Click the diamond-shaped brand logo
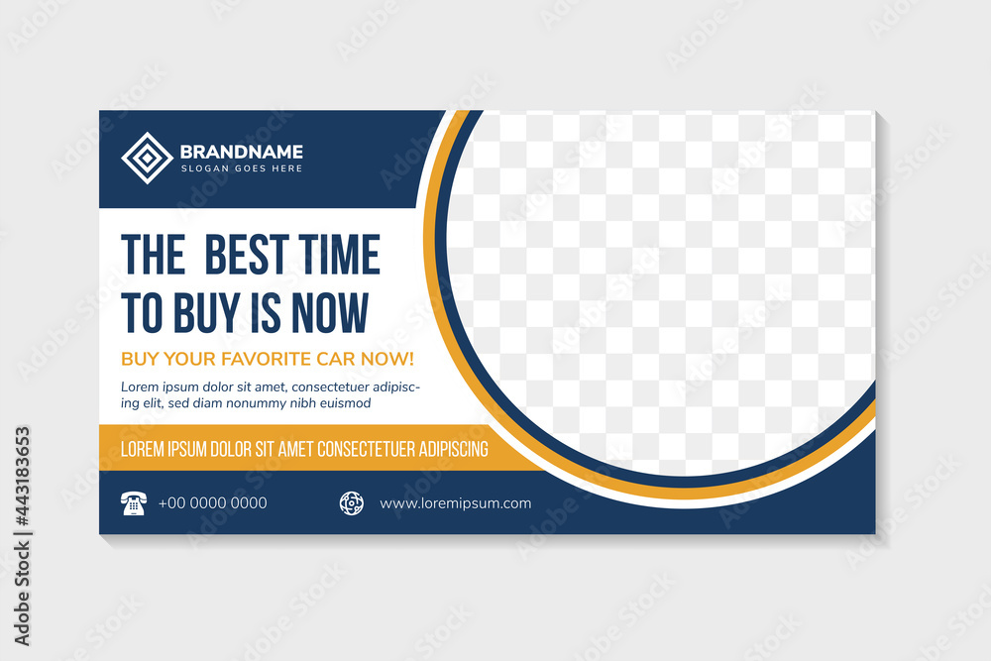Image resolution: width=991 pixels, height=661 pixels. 148,158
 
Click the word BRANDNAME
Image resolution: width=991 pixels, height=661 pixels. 242,152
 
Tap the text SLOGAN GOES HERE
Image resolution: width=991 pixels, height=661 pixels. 242,168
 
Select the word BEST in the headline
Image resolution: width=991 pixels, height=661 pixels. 247,255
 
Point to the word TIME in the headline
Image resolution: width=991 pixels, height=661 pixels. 339,255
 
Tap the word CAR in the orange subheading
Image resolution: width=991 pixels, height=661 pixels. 336,359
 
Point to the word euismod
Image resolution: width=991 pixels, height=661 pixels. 345,403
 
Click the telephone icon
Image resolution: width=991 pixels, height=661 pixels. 134,503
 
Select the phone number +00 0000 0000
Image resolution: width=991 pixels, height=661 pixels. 212,503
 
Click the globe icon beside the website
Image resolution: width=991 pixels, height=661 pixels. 352,503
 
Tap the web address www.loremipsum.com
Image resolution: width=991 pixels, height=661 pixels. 455,503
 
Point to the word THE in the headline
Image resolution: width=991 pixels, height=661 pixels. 153,255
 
